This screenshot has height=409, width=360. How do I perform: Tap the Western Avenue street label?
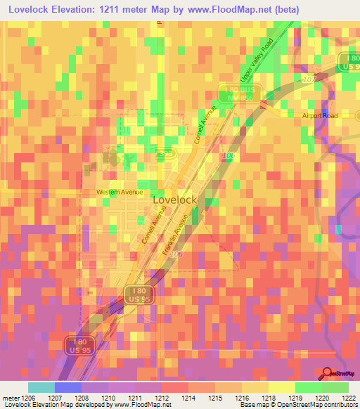pos(120,192)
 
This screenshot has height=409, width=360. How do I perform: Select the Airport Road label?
pos(321,115)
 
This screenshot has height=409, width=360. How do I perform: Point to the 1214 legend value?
pos(187,397)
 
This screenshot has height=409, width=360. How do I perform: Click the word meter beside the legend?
pos(8,397)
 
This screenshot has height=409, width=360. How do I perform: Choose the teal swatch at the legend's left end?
pos(41,387)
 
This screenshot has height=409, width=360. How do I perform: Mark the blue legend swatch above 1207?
pos(67,387)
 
